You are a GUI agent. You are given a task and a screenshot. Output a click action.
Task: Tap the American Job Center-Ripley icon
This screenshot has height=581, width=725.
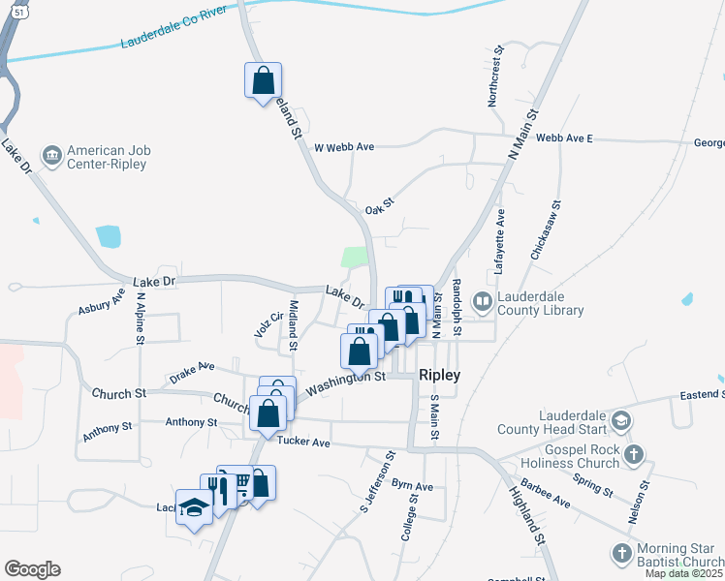pos(51,154)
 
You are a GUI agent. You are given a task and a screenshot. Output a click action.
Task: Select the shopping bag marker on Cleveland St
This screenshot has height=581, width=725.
pos(263,80)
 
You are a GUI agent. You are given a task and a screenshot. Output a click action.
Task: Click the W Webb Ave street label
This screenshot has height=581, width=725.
pos(344,147)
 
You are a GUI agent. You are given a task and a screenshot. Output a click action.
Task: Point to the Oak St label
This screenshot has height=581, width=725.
pos(379,209)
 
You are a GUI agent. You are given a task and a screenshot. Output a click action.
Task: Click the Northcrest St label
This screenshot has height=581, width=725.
pos(496,75)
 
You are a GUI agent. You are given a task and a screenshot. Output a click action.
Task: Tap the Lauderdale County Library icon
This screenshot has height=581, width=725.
pos(481,302)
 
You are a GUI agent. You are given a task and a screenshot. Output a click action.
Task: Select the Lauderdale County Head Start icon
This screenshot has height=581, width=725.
pos(620,421)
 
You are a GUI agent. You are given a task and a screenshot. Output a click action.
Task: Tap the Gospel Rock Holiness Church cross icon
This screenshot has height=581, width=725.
pos(633,454)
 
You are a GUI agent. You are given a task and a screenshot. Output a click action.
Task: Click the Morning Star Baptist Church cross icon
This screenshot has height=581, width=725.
pos(622,553)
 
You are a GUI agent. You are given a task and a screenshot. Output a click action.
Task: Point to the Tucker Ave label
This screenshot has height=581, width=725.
pos(303,442)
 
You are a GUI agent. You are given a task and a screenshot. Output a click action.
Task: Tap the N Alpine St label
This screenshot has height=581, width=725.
pos(141,320)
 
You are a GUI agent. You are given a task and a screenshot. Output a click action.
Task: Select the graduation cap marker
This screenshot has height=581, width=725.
pos(195,508)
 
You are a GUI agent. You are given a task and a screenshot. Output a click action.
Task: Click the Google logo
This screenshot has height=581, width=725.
pos(32,569)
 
